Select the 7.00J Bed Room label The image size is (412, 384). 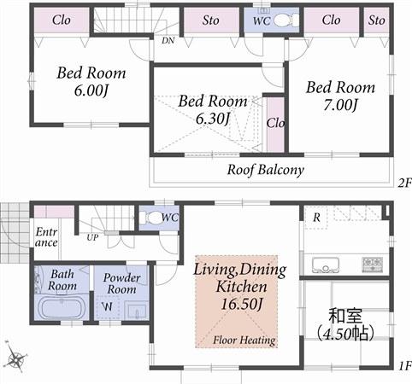[340, 96]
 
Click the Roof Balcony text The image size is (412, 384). [265, 170]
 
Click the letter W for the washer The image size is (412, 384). [108, 305]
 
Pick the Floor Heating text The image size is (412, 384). [244, 340]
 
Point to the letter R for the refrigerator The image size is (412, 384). [316, 218]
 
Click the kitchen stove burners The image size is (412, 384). [373, 261]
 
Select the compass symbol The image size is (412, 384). [15, 355]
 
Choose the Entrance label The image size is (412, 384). [46, 236]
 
